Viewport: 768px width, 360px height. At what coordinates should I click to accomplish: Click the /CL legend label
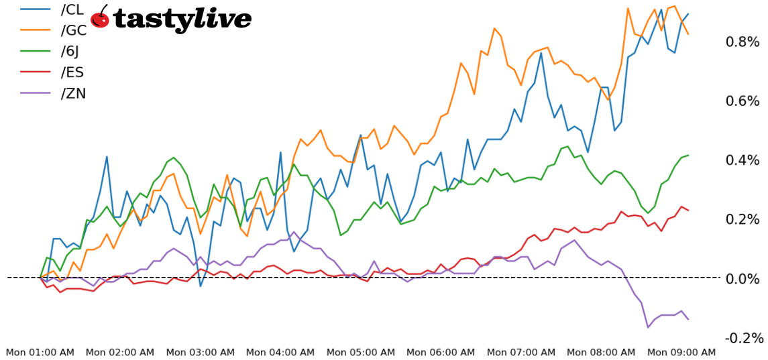pos(72,10)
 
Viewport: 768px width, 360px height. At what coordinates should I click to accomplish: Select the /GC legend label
pos(73,31)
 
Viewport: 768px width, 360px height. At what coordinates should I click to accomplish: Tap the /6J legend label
pos(71,52)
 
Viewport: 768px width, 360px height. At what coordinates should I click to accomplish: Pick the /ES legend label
pos(72,72)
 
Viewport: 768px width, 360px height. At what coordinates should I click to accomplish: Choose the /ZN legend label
pos(72,93)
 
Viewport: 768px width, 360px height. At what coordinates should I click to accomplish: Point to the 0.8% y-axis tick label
pos(743,42)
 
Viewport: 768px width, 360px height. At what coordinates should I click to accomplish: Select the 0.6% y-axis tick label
pos(743,101)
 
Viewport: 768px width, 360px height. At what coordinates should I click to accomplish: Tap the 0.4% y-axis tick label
pos(743,160)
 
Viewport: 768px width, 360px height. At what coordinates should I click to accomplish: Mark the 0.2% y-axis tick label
pos(743,219)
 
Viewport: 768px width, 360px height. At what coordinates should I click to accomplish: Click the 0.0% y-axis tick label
pos(743,278)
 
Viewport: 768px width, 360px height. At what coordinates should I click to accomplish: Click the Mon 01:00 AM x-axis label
pos(40,352)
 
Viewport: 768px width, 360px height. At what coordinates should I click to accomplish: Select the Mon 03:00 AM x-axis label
pos(200,352)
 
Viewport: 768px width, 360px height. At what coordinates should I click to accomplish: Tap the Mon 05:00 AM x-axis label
pos(360,352)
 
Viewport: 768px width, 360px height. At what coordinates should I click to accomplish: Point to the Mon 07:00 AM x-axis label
pos(520,352)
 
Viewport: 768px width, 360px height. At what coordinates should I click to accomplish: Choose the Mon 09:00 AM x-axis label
pos(681,352)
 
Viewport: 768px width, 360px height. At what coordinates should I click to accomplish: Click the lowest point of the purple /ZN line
pos(648,327)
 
